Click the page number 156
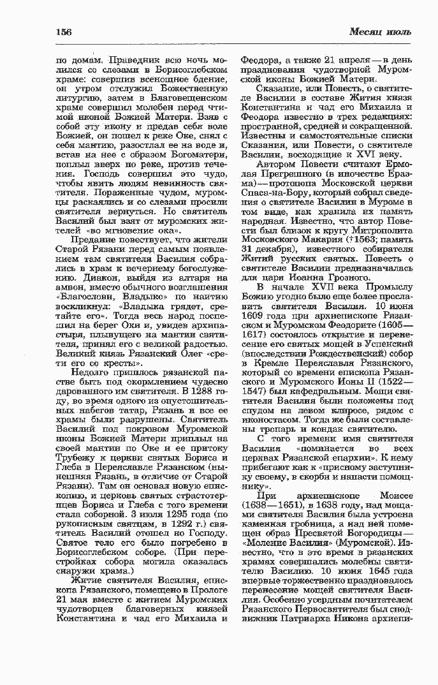[64, 32]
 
